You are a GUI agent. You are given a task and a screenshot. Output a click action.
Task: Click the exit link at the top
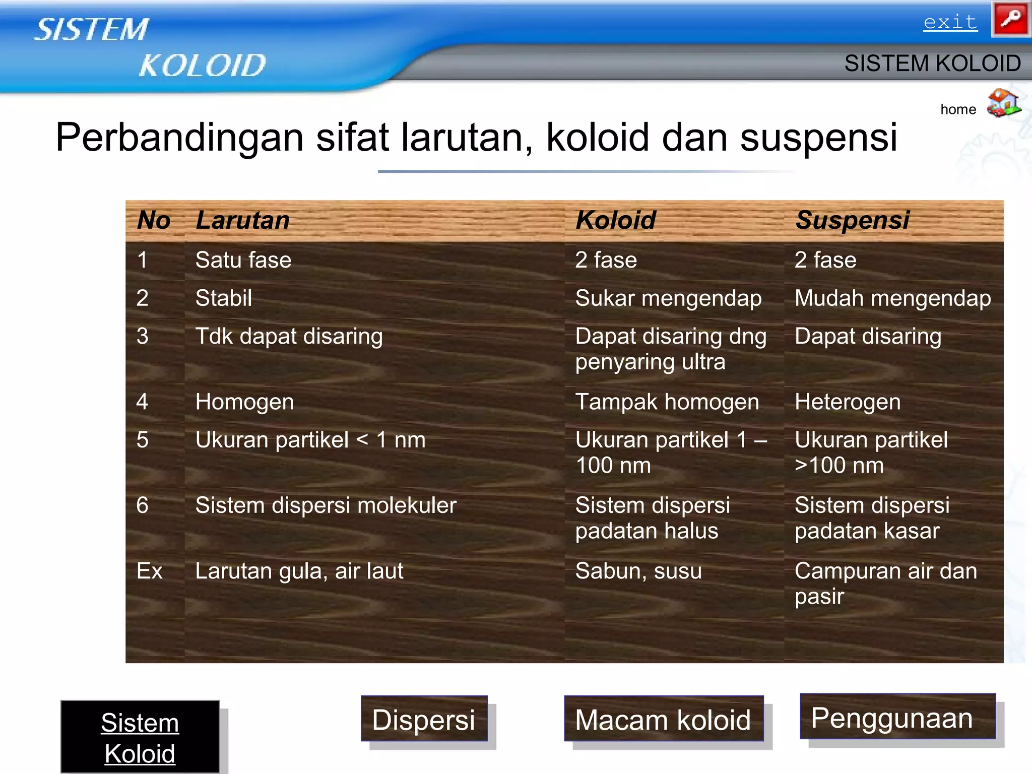pos(950,22)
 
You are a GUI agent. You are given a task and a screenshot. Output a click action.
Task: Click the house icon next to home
pos(1003,103)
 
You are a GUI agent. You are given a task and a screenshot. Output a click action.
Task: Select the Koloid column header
pos(615,220)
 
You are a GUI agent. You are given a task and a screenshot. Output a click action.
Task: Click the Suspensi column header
pos(852,220)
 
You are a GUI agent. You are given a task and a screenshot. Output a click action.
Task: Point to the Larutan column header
pos(242,220)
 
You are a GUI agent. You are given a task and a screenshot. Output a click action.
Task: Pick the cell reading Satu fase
pos(243,260)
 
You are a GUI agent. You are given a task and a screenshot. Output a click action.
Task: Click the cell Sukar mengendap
pos(668,298)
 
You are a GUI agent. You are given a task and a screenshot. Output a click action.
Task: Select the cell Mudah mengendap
pos(892,298)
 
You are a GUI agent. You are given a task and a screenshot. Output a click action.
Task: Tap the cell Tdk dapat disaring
pos(289,336)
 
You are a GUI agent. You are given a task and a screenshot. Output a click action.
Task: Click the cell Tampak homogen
pos(667,402)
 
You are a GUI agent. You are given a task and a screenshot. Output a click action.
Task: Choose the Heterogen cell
pos(848,402)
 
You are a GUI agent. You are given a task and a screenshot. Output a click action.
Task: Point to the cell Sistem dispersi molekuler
pos(326,505)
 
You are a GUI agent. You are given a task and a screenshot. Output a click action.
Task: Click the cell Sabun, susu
pos(638,571)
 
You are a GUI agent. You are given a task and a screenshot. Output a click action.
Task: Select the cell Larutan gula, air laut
pos(299,571)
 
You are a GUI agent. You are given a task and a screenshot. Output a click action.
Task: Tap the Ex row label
pos(149,571)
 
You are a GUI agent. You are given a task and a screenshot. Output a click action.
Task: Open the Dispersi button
pos(424,719)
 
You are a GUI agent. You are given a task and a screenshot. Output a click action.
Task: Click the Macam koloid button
pos(663,719)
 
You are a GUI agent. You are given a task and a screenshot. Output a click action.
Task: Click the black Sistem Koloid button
pos(140,737)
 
